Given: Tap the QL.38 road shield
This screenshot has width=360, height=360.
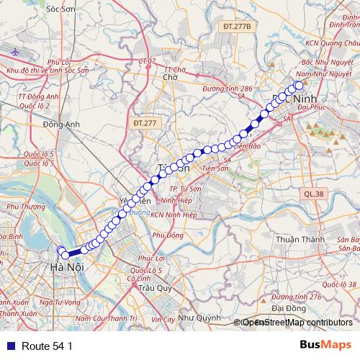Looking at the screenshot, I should [314, 194].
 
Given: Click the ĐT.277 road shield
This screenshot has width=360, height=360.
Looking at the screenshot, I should [145, 124].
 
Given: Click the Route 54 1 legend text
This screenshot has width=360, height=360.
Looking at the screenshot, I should [48, 346].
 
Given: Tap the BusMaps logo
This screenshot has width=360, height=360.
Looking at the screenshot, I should [326, 345].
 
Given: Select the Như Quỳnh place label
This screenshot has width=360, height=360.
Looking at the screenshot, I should [200, 317].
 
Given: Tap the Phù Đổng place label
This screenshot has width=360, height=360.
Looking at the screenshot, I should [168, 235].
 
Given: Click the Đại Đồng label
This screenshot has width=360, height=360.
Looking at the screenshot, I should [271, 307].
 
